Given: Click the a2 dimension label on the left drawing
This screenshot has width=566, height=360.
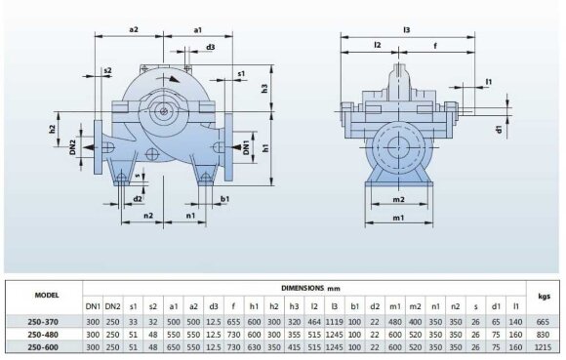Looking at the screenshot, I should point(135,30).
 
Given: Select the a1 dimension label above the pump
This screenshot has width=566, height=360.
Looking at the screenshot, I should point(198,30).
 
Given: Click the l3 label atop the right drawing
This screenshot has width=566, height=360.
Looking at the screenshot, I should point(406,30).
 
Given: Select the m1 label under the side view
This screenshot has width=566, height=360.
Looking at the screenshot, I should point(397,218).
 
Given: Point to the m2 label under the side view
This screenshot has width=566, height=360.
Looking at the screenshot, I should point(397,199).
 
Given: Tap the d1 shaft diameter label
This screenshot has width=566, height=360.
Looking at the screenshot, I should point(498,128).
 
